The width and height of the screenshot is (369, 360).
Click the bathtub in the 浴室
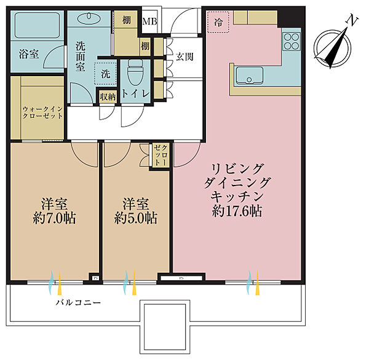(x=37, y=25)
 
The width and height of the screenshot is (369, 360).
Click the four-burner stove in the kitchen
(x=292, y=41)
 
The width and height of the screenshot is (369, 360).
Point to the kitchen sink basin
(x=250, y=76)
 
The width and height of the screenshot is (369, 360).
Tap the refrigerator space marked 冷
(x=218, y=22)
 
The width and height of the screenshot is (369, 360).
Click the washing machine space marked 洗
(x=106, y=74)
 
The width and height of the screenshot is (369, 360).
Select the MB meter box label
(x=149, y=22)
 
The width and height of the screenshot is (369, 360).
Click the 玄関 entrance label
(x=184, y=57)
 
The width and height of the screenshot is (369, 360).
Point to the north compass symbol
(x=333, y=47)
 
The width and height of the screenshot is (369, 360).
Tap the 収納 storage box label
(x=108, y=96)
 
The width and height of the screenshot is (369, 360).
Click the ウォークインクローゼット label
(x=42, y=112)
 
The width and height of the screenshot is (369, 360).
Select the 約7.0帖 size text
(x=54, y=219)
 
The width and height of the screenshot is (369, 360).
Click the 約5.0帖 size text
(x=136, y=219)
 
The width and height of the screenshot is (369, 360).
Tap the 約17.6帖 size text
(x=237, y=211)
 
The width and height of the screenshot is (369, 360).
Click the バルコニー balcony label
(x=78, y=302)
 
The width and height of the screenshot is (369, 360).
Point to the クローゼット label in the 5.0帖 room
(x=161, y=155)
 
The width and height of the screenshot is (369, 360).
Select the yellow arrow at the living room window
(x=258, y=283)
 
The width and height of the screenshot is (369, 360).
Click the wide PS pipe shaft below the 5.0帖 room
(x=181, y=278)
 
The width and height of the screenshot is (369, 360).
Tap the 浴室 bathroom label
(x=29, y=54)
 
